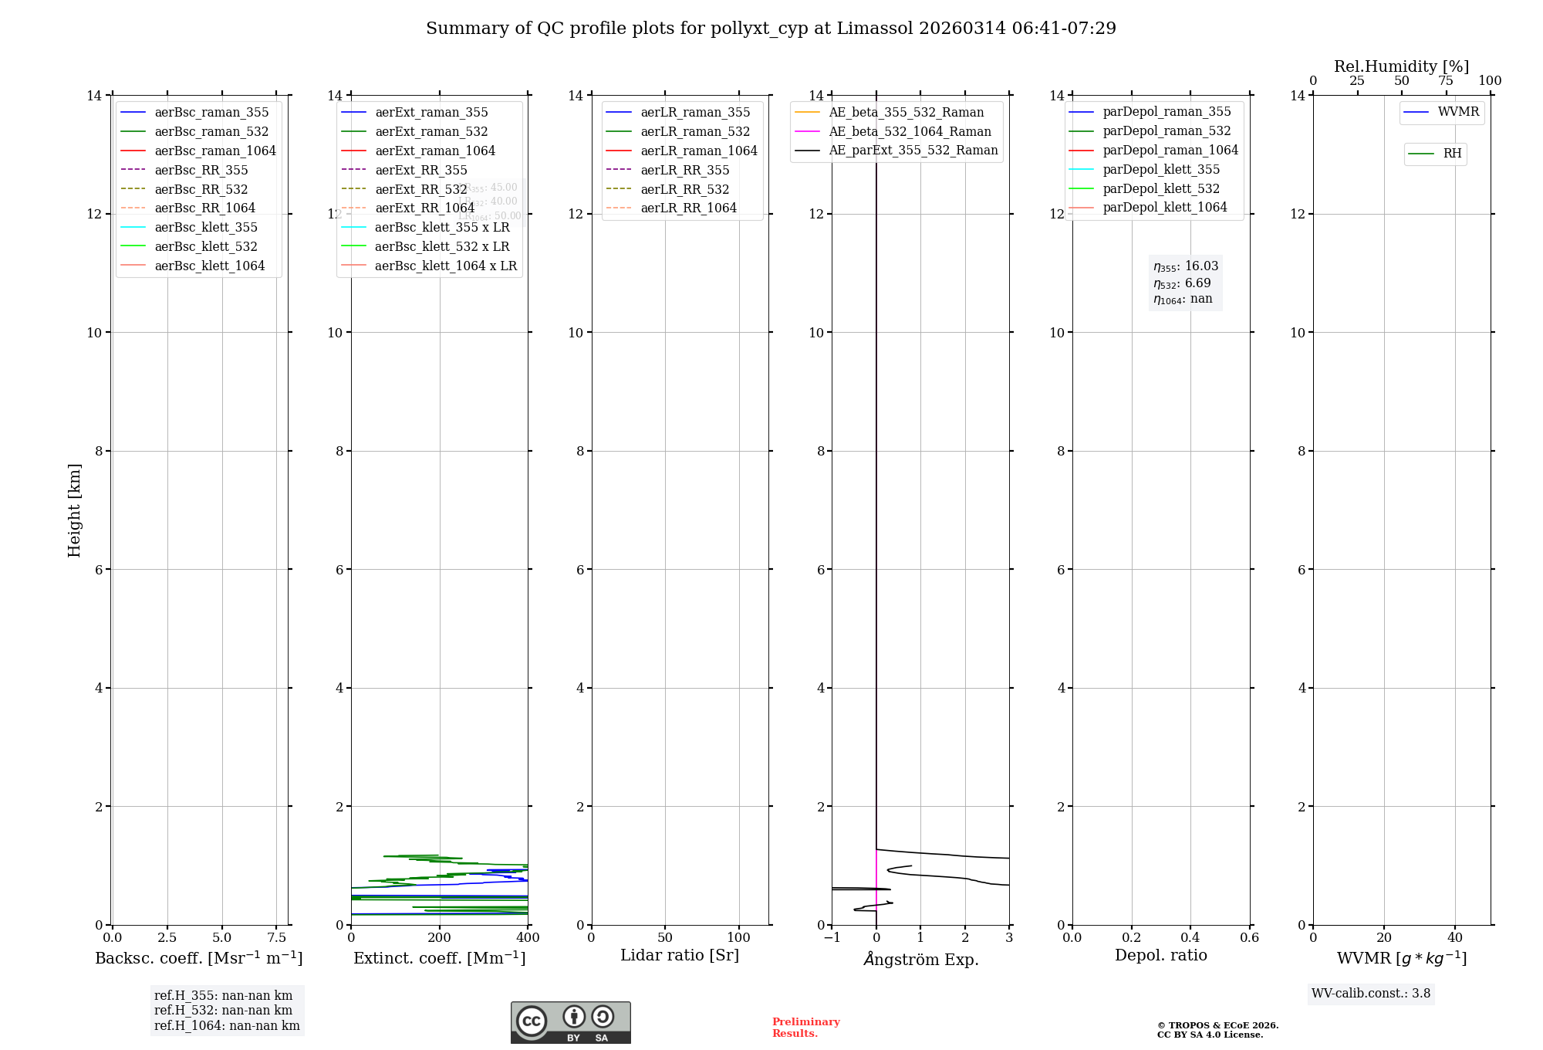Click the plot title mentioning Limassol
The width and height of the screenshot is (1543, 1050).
(x=771, y=29)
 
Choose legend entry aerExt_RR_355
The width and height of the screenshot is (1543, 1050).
(x=420, y=170)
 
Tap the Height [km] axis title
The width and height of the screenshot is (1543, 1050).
(x=74, y=510)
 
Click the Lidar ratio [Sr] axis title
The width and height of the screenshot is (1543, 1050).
(x=680, y=955)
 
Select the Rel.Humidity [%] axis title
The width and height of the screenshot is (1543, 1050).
(x=1401, y=66)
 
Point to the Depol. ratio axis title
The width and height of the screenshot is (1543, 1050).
(x=1160, y=955)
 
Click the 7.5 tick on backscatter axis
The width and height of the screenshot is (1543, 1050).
(x=277, y=938)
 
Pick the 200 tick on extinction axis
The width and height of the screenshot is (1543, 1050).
(x=440, y=938)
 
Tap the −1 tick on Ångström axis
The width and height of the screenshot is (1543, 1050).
(x=832, y=938)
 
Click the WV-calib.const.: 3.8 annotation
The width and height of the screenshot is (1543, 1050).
(x=1371, y=994)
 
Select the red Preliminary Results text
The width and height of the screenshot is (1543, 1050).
(x=805, y=1028)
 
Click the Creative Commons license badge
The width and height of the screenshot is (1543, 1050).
(x=570, y=1023)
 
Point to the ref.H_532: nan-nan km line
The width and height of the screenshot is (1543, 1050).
(x=223, y=1011)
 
